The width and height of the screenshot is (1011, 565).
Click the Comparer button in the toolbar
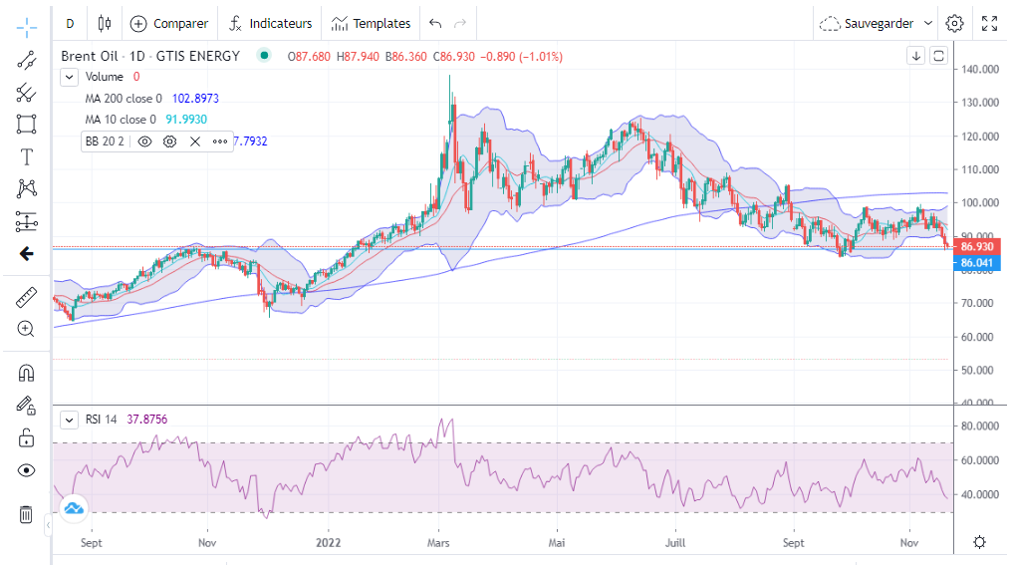(169, 23)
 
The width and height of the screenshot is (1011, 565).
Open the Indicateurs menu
(266, 23)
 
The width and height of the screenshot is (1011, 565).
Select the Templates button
(371, 23)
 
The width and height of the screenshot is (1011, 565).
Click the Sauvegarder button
(877, 23)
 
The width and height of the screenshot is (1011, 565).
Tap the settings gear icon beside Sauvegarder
(954, 23)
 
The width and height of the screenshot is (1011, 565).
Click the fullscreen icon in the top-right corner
(989, 23)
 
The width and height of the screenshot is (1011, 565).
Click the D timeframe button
(69, 23)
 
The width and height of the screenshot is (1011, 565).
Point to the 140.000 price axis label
(979, 70)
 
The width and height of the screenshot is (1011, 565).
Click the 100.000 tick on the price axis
(979, 203)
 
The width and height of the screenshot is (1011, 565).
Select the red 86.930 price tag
(976, 245)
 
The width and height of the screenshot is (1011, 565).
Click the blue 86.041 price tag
(976, 263)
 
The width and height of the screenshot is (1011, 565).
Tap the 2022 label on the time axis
(329, 543)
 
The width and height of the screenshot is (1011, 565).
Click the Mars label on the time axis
(439, 543)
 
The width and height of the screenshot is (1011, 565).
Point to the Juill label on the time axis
(674, 543)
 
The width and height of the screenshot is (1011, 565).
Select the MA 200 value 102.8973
(195, 99)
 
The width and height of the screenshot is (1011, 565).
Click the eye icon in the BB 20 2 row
(144, 141)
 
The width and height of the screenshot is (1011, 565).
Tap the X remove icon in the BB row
(195, 141)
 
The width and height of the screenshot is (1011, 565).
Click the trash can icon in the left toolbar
(26, 514)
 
